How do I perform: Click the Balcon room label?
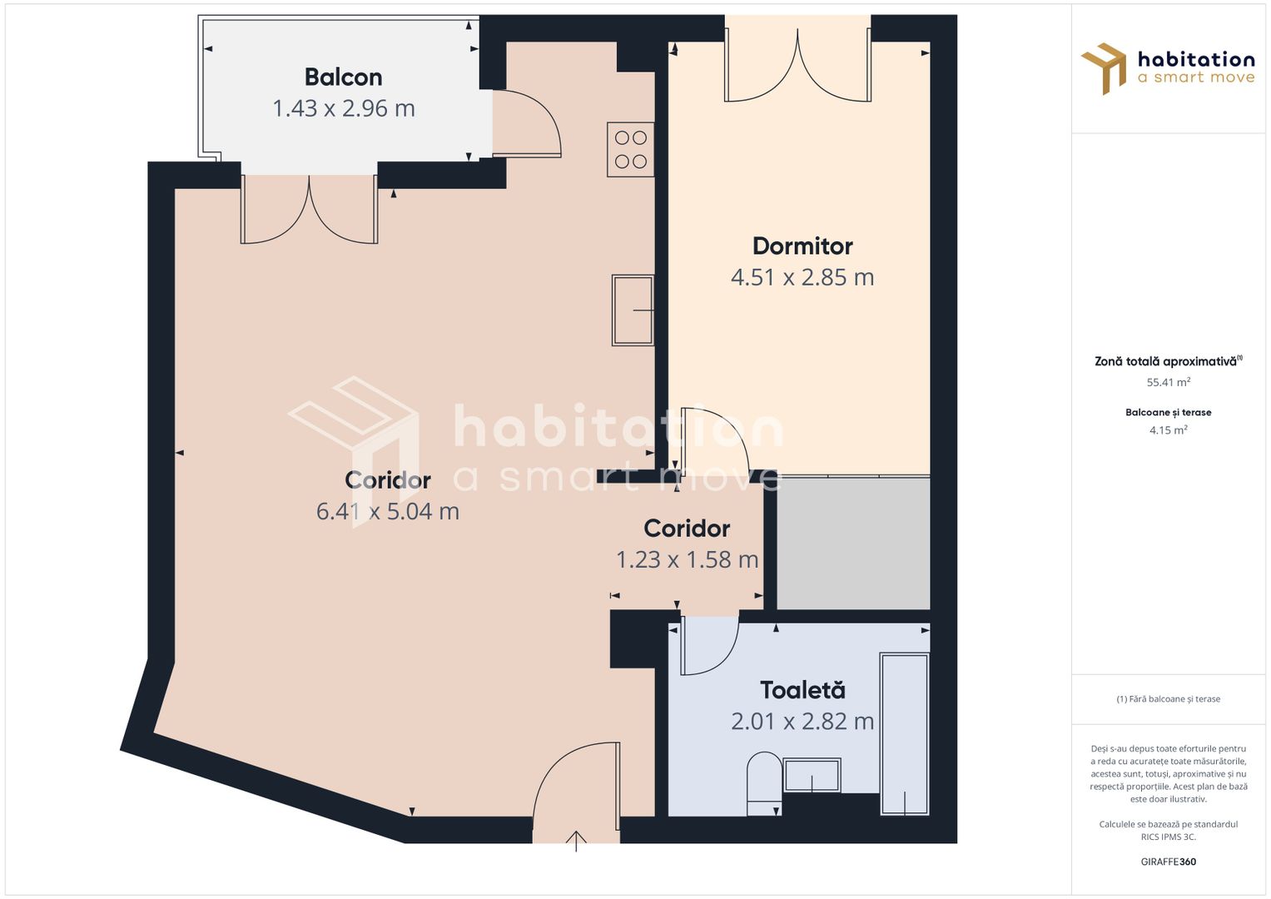(343, 77)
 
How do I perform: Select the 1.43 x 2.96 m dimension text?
(343, 108)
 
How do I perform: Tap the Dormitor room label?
(802, 246)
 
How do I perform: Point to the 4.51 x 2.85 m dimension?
(802, 277)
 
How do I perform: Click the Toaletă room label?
(802, 690)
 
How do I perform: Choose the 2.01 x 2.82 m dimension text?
(802, 721)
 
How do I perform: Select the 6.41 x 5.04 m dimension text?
(387, 511)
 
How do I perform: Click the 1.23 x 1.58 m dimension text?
(687, 559)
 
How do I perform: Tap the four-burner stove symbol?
(630, 150)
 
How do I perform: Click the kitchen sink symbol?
(633, 310)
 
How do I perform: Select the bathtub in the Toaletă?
(905, 733)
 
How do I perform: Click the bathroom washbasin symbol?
(812, 776)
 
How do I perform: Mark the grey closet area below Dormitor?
(853, 543)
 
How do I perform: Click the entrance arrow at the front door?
(576, 839)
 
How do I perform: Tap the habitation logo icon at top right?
(1104, 68)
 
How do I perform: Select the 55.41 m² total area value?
(1168, 383)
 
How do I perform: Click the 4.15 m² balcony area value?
(1168, 430)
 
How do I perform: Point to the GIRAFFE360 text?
(1168, 862)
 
